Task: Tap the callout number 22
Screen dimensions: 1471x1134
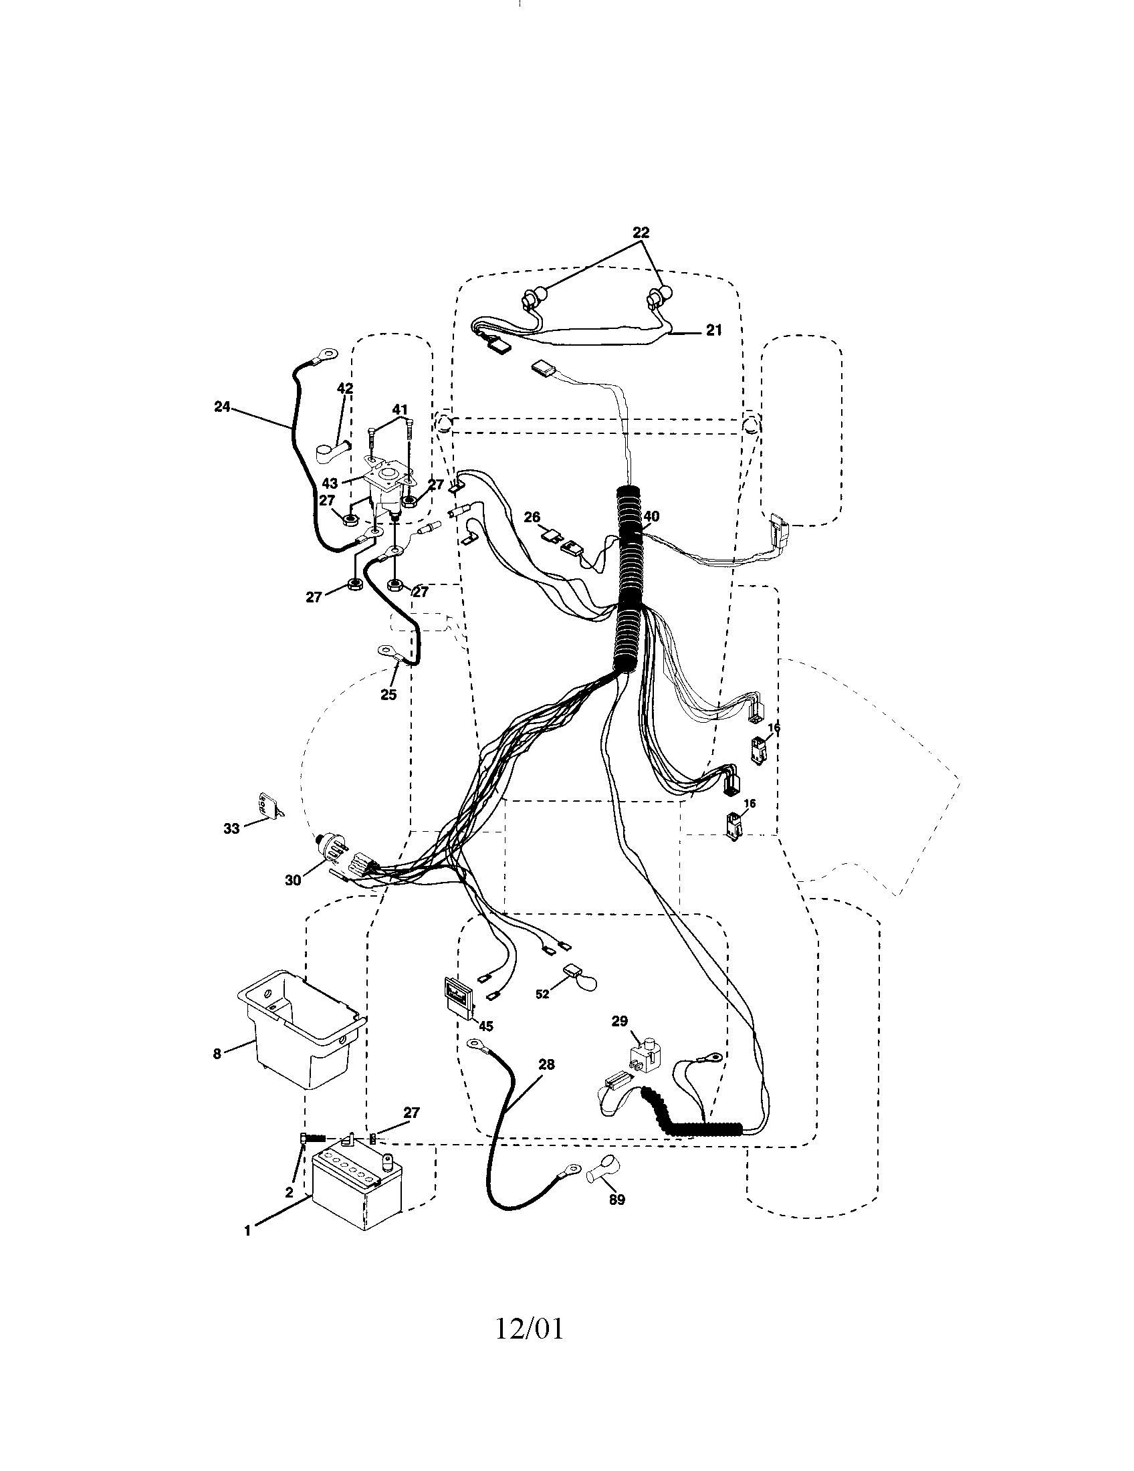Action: coord(641,233)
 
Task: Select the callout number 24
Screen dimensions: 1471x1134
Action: coord(222,407)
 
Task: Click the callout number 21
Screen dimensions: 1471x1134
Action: coord(714,330)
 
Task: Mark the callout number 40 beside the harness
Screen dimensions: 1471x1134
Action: coord(651,517)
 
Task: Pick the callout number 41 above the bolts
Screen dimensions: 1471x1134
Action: coord(400,409)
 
